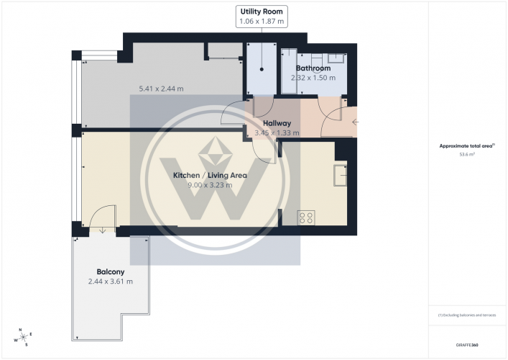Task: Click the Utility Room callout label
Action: [x=262, y=12]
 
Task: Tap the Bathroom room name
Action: [x=313, y=68]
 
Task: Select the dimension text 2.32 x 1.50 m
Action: [x=313, y=78]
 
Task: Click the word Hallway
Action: [x=277, y=123]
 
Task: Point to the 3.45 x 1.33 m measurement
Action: [x=277, y=132]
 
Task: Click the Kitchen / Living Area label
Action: [x=211, y=175]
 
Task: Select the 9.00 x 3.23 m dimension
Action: [x=211, y=185]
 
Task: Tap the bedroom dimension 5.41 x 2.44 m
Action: [x=161, y=89]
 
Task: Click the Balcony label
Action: [x=111, y=271]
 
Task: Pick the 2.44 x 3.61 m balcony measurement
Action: [x=111, y=281]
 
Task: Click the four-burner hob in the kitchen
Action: [x=305, y=217]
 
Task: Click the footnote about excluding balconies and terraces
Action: [x=467, y=315]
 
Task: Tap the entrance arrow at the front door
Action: [x=354, y=122]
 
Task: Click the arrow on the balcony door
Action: [x=102, y=230]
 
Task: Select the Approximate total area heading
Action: [x=466, y=145]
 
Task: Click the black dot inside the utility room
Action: [x=262, y=70]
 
